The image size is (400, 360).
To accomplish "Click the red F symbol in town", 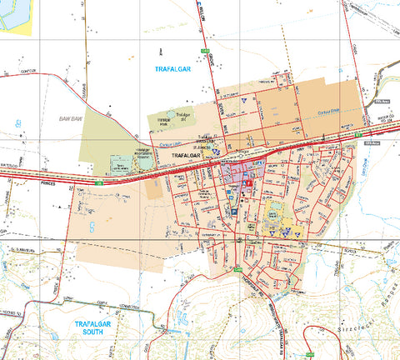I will pos(247,168).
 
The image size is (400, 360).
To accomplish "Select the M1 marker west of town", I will pos(97,182).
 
